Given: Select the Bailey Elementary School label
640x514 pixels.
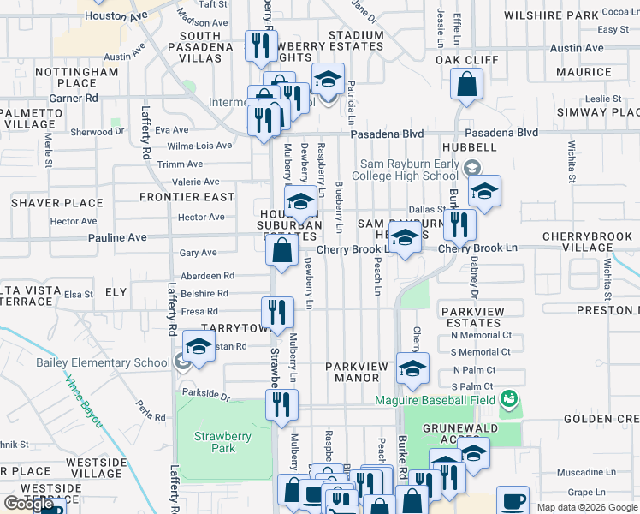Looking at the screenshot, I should pos(103,362).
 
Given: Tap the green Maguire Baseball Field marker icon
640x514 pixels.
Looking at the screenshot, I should pos(510,398).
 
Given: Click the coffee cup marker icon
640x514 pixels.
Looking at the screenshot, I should pos(513,499).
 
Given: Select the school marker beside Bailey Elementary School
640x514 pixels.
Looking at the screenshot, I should pos(199,347).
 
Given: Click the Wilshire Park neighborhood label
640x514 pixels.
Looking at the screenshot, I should pos(562,15).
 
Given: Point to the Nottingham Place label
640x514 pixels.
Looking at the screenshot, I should pos(76,77).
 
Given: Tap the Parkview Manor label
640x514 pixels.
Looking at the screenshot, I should pos(357,372).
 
